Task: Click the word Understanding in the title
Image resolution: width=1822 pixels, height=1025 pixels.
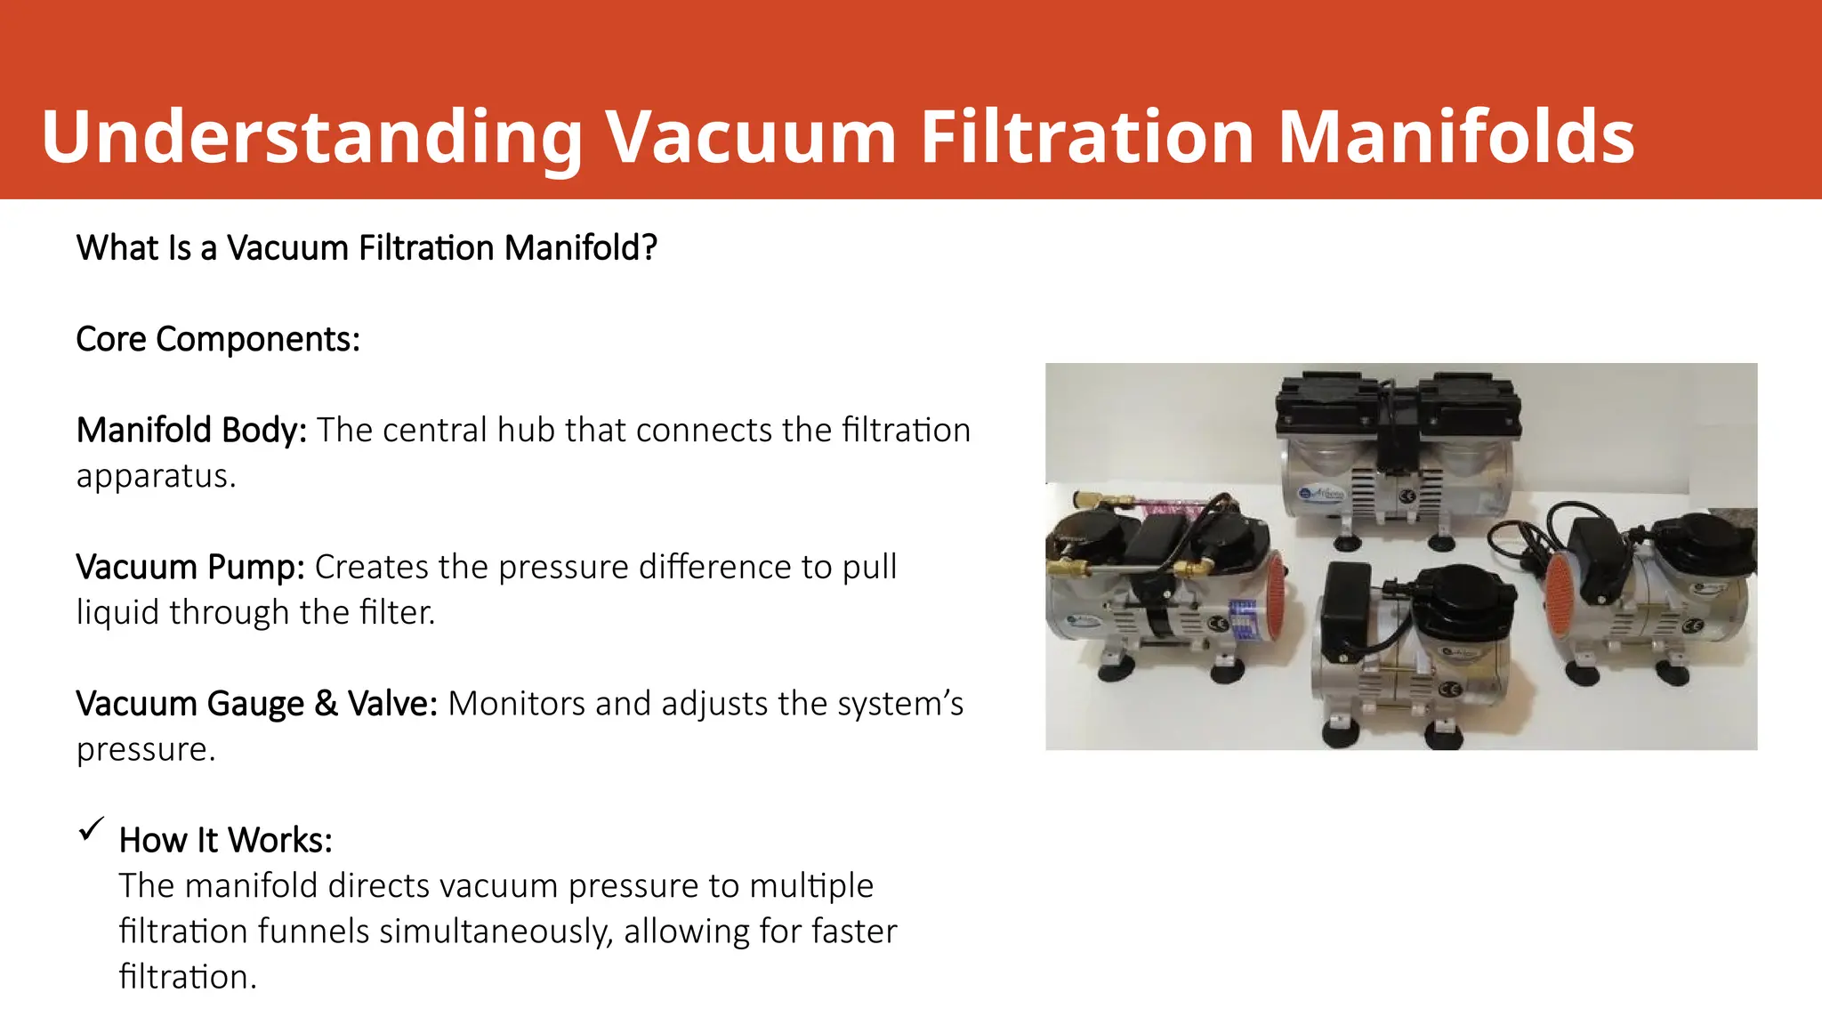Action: pos(311,138)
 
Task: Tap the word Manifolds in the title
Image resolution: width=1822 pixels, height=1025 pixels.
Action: pos(1455,138)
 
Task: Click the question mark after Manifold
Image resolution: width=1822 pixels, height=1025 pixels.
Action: pos(649,248)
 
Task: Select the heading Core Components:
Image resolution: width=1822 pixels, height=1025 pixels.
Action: pos(218,340)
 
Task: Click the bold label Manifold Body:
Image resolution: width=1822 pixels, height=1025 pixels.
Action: pos(191,431)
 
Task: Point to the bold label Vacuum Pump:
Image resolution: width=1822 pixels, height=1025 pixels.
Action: pos(190,568)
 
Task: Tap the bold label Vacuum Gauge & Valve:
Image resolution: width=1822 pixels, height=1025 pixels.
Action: pos(256,704)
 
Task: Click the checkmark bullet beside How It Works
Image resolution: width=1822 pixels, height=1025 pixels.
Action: pos(92,829)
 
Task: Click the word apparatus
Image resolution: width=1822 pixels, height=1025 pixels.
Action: pos(156,476)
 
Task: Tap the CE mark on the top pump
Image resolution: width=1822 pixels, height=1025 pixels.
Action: pos(1407,496)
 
